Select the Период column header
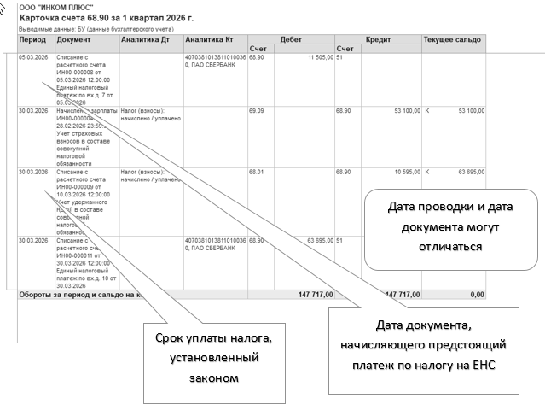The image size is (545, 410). [32, 39]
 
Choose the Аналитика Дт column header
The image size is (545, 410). [145, 39]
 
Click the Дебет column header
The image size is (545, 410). [290, 39]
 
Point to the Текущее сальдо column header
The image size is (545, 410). [452, 39]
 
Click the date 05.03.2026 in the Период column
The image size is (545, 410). [33, 57]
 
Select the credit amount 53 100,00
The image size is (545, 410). [400, 111]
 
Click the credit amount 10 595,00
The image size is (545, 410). [400, 172]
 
